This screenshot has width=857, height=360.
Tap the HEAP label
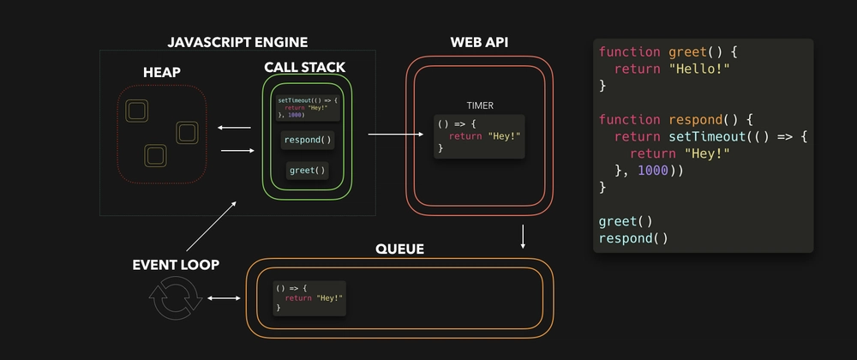[161, 73]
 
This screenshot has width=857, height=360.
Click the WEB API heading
[480, 42]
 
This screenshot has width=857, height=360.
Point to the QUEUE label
[399, 249]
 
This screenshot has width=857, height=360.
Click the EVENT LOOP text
[175, 265]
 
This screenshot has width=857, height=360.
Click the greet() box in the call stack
[308, 170]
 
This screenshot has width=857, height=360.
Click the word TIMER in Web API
[480, 105]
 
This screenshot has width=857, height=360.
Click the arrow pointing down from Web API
[523, 237]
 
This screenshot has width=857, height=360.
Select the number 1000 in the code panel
[656, 170]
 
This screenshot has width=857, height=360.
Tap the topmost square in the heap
[135, 110]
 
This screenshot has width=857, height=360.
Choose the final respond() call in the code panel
[633, 237]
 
